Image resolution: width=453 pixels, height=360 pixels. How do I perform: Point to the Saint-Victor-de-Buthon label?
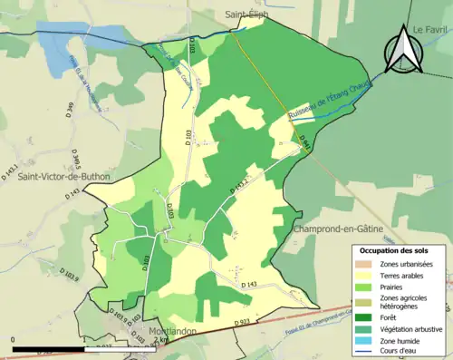tap(63, 177)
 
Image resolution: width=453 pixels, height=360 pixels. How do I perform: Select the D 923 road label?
tap(242, 322)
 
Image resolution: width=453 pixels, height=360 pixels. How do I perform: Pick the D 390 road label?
tap(69, 111)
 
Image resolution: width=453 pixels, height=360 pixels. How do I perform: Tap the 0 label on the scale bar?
tap(14, 340)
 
